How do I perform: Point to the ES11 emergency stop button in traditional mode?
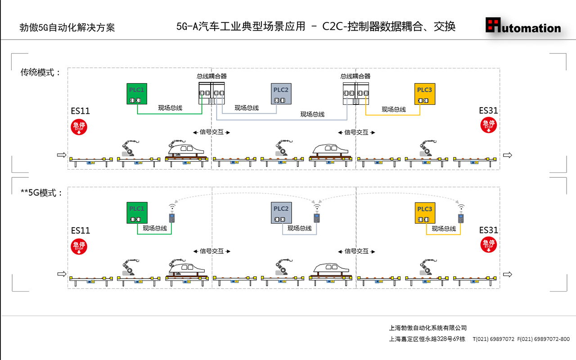point(79,127)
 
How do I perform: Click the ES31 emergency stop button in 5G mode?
point(489,245)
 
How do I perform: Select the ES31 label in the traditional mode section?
point(488,111)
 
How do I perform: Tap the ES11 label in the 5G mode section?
point(81,231)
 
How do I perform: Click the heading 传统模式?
point(40,72)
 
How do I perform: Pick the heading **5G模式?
point(41,193)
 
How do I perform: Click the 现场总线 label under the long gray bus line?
point(312,115)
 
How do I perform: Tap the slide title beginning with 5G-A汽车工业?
point(316,27)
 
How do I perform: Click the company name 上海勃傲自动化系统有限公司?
point(428,328)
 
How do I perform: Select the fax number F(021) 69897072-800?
point(544,339)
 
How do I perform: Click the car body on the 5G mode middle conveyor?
point(330,268)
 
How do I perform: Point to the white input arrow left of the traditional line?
point(62,155)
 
